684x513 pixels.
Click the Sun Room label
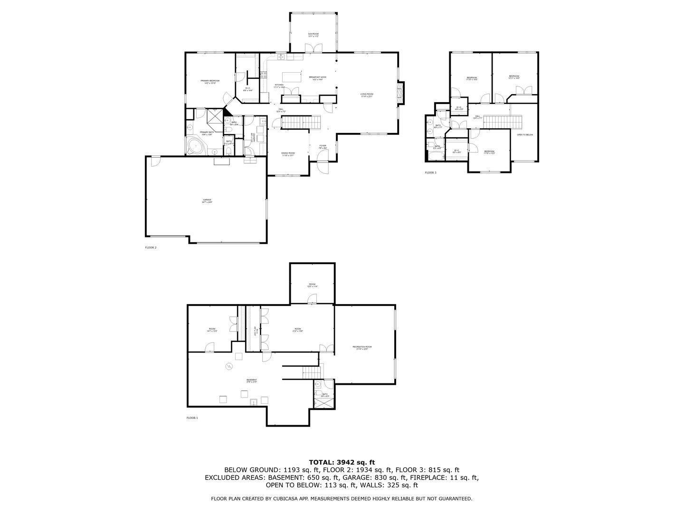313,35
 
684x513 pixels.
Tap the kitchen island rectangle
293,77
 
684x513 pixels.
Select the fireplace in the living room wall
401,93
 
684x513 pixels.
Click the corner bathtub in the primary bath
195,146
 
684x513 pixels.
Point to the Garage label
207,200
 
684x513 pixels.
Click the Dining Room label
288,154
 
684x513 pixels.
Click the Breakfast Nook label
317,78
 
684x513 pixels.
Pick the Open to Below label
525,135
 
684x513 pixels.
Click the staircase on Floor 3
503,122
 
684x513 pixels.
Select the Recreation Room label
362,348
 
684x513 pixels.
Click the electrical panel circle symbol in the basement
229,366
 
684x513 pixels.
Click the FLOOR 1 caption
192,418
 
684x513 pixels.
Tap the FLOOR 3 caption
430,172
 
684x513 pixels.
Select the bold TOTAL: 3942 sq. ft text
342,462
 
